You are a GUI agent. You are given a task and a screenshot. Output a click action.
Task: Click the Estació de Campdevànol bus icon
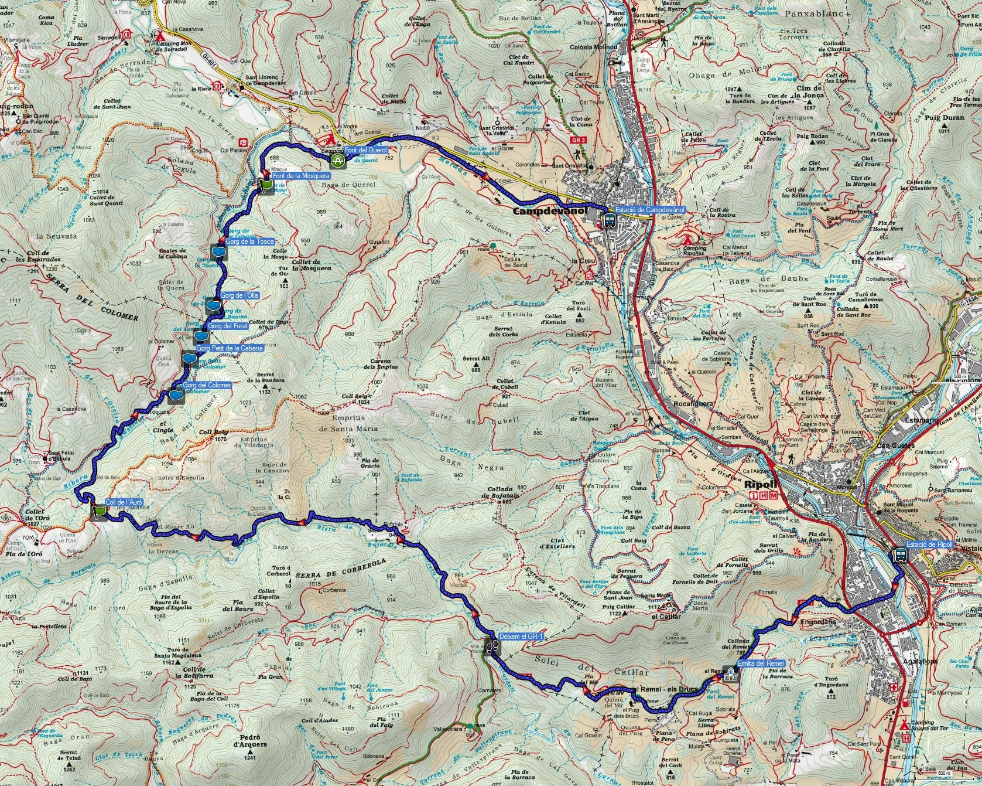610,220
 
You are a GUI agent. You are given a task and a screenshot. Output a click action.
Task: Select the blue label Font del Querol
366,151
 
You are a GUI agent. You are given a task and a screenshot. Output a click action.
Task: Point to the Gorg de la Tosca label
250,241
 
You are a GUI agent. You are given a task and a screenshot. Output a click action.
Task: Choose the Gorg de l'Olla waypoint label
240,295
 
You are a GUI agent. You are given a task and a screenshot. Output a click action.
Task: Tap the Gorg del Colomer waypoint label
207,385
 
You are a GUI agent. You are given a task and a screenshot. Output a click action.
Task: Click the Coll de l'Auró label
124,502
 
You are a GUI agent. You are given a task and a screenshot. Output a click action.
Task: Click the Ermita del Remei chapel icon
730,673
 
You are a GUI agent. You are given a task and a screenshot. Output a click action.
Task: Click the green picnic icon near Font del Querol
337,161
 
